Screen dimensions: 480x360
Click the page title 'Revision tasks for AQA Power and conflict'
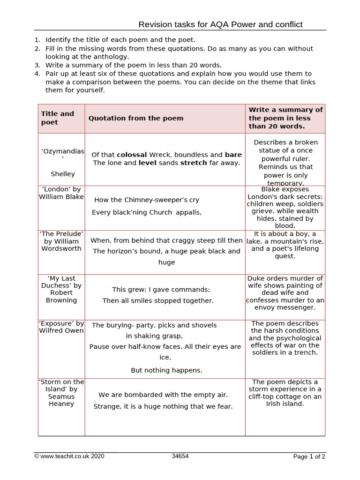(x=220, y=24)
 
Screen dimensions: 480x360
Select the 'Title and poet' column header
(x=58, y=118)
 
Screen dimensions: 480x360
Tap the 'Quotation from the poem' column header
(x=136, y=118)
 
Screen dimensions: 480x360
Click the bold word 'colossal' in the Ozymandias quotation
(x=132, y=155)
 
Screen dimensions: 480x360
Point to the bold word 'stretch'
(x=193, y=163)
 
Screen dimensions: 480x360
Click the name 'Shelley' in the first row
(x=63, y=174)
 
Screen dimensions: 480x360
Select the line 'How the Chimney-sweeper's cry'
(x=147, y=200)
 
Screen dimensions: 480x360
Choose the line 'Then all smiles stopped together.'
(x=158, y=300)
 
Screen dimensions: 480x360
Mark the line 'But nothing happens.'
(x=166, y=370)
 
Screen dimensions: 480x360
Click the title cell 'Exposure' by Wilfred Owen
(x=62, y=327)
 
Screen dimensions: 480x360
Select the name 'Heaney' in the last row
(x=61, y=404)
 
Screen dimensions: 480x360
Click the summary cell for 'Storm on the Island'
(x=285, y=393)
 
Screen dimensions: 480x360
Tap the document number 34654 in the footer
(x=180, y=456)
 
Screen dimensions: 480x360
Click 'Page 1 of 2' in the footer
(x=309, y=457)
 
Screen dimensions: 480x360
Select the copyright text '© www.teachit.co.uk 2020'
(x=69, y=456)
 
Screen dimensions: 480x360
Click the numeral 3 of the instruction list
(x=37, y=65)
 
